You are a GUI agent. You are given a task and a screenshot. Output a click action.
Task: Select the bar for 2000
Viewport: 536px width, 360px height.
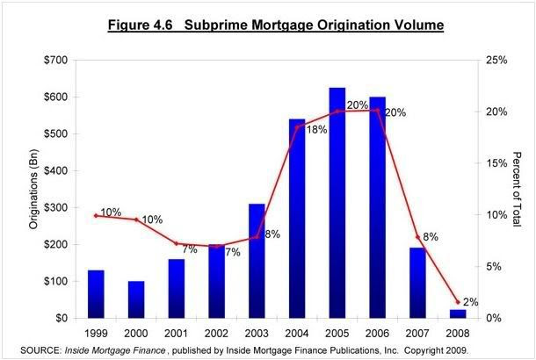(136, 299)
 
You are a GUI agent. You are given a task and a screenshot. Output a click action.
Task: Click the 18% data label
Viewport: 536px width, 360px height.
(316, 129)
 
